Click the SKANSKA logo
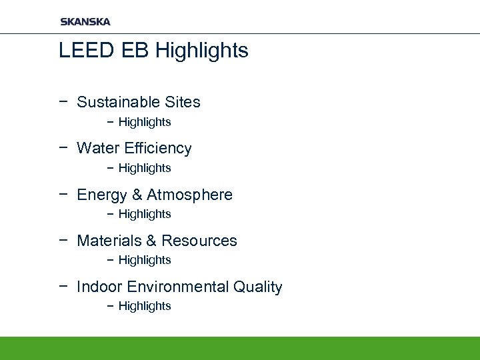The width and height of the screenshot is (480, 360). (85, 21)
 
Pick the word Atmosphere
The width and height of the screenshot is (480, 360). (189, 195)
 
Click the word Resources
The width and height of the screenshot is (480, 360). (199, 241)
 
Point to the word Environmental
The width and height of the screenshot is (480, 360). (177, 287)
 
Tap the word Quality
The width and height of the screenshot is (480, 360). (258, 287)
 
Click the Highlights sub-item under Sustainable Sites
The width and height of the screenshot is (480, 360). (145, 122)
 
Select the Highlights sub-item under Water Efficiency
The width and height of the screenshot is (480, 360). (145, 168)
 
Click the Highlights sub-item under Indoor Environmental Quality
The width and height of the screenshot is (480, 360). (145, 306)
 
